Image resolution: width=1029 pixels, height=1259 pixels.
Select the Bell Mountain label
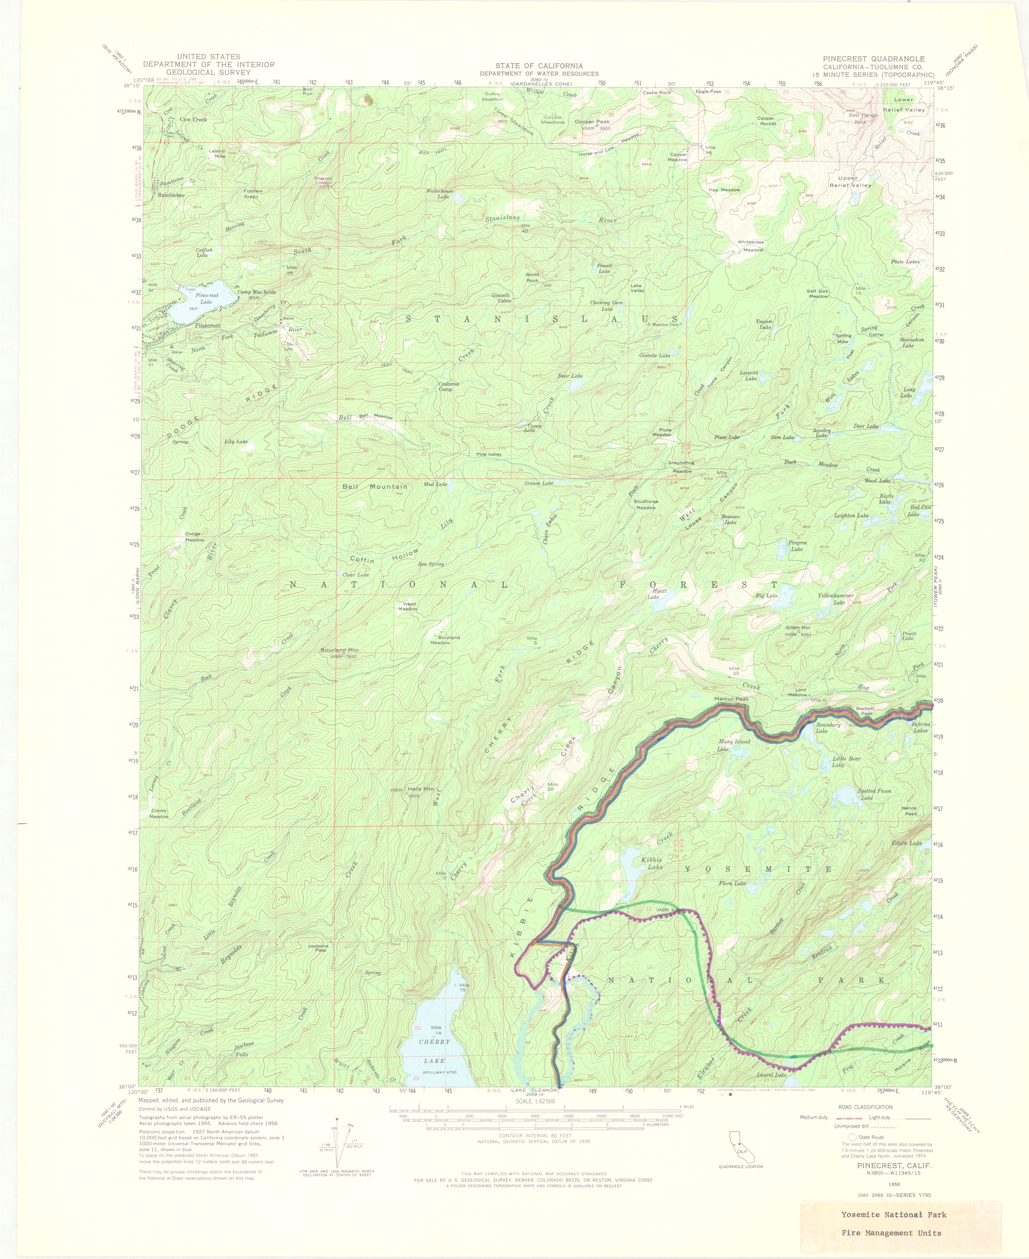click(375, 487)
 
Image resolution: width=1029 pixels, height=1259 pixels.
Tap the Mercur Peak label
click(732, 699)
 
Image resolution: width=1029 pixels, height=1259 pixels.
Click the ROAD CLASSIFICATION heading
click(865, 1107)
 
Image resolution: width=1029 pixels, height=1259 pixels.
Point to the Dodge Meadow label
click(194, 536)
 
